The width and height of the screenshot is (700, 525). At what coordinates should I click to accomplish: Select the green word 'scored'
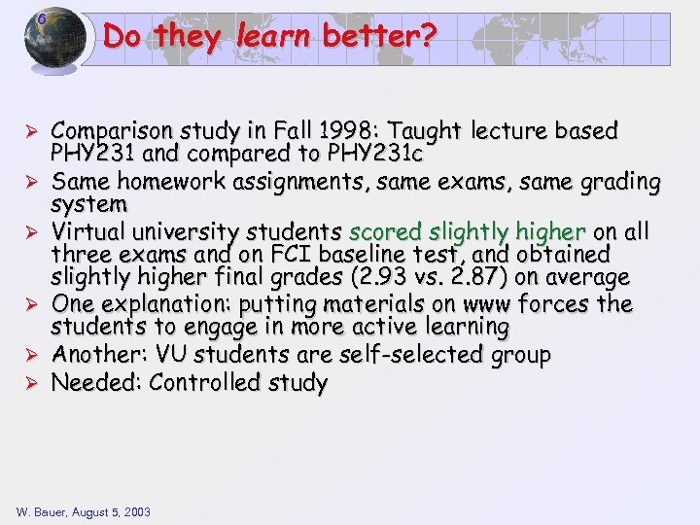click(385, 231)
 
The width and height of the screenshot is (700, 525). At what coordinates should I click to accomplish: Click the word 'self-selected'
click(432, 355)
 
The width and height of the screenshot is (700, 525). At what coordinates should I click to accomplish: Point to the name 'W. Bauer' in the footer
click(40, 511)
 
